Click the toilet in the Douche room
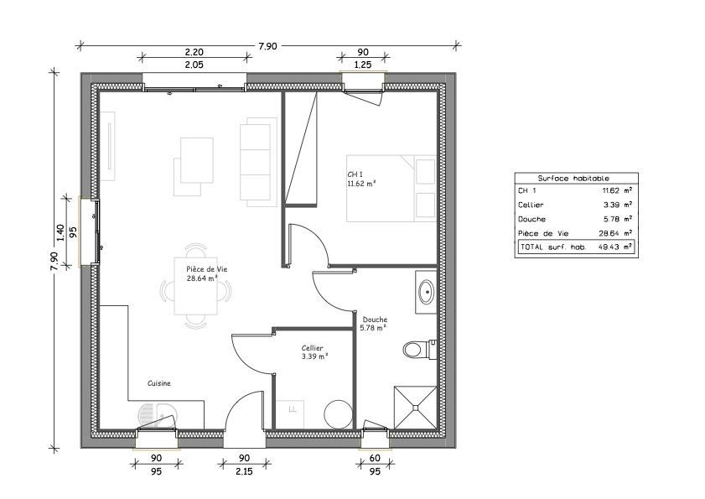pos(416,348)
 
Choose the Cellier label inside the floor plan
pos(314,351)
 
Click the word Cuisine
pos(159,383)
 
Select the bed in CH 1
pos(391,188)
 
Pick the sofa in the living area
pos(256,161)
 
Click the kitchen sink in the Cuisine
pos(157,414)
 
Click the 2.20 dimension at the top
pos(194,51)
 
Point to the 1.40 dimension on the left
pos(59,232)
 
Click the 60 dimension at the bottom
pos(375,458)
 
